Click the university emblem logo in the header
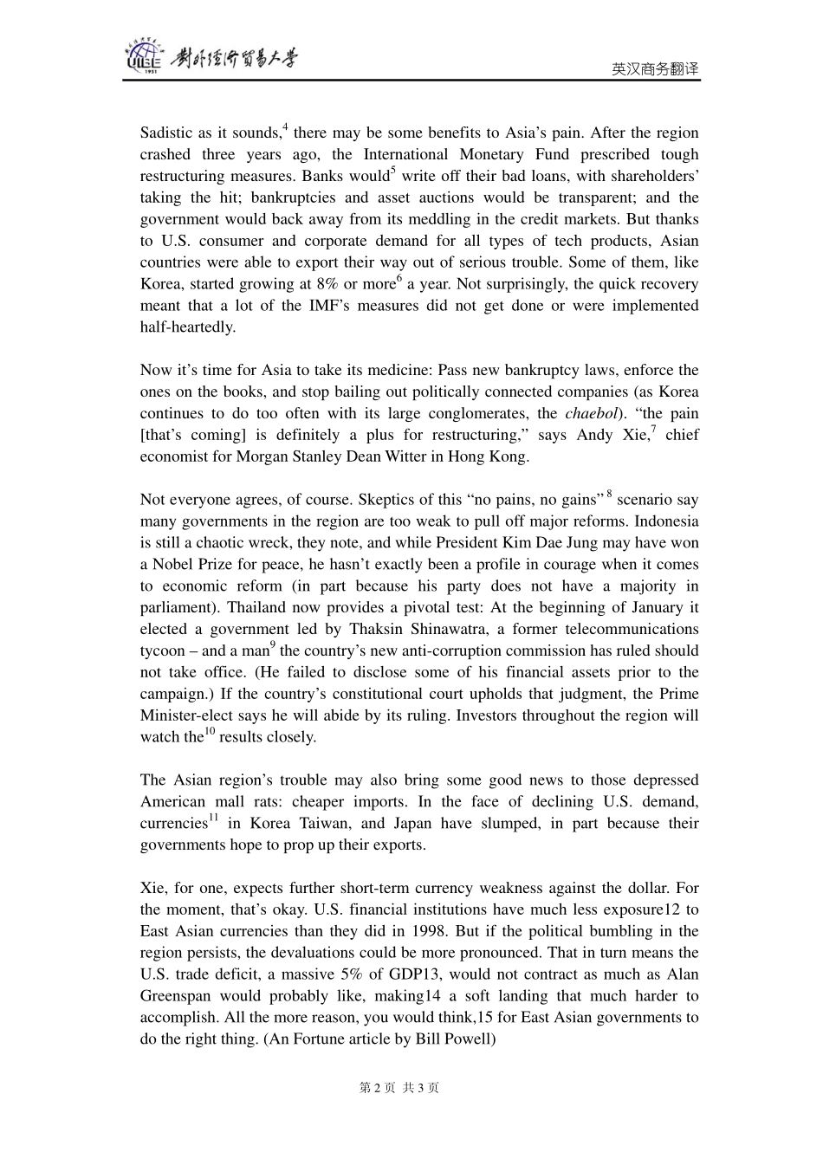pyautogui.click(x=144, y=57)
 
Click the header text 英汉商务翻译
pyautogui.click(x=655, y=69)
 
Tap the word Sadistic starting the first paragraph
pyautogui.click(x=166, y=133)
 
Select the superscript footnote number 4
pyautogui.click(x=285, y=127)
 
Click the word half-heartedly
pyautogui.click(x=187, y=327)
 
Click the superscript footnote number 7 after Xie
pyautogui.click(x=653, y=430)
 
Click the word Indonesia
pyautogui.click(x=666, y=521)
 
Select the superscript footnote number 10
pyautogui.click(x=210, y=732)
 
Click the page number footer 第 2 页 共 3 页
pyautogui.click(x=399, y=1088)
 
